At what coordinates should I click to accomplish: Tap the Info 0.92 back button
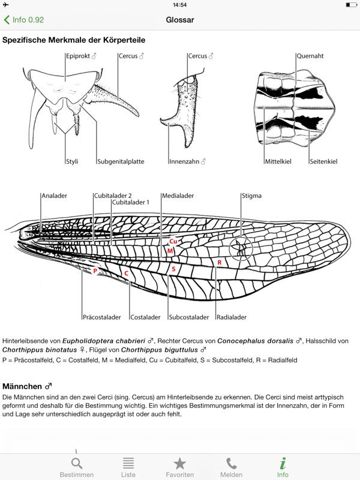(24, 20)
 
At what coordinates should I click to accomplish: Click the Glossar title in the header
(180, 20)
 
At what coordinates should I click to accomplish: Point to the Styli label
(72, 161)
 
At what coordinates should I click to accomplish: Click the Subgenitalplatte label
(121, 161)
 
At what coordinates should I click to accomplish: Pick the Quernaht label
(310, 56)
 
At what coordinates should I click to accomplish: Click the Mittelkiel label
(278, 161)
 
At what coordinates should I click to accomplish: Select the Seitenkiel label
(323, 161)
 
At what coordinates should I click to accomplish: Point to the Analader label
(54, 196)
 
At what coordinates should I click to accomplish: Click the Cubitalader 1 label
(131, 202)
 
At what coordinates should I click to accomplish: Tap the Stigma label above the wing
(251, 196)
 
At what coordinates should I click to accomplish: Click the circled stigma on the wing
(241, 248)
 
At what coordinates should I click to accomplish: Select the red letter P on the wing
(95, 271)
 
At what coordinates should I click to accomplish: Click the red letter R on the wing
(220, 263)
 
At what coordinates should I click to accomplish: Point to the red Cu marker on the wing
(173, 241)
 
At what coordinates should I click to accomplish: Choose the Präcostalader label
(102, 317)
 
